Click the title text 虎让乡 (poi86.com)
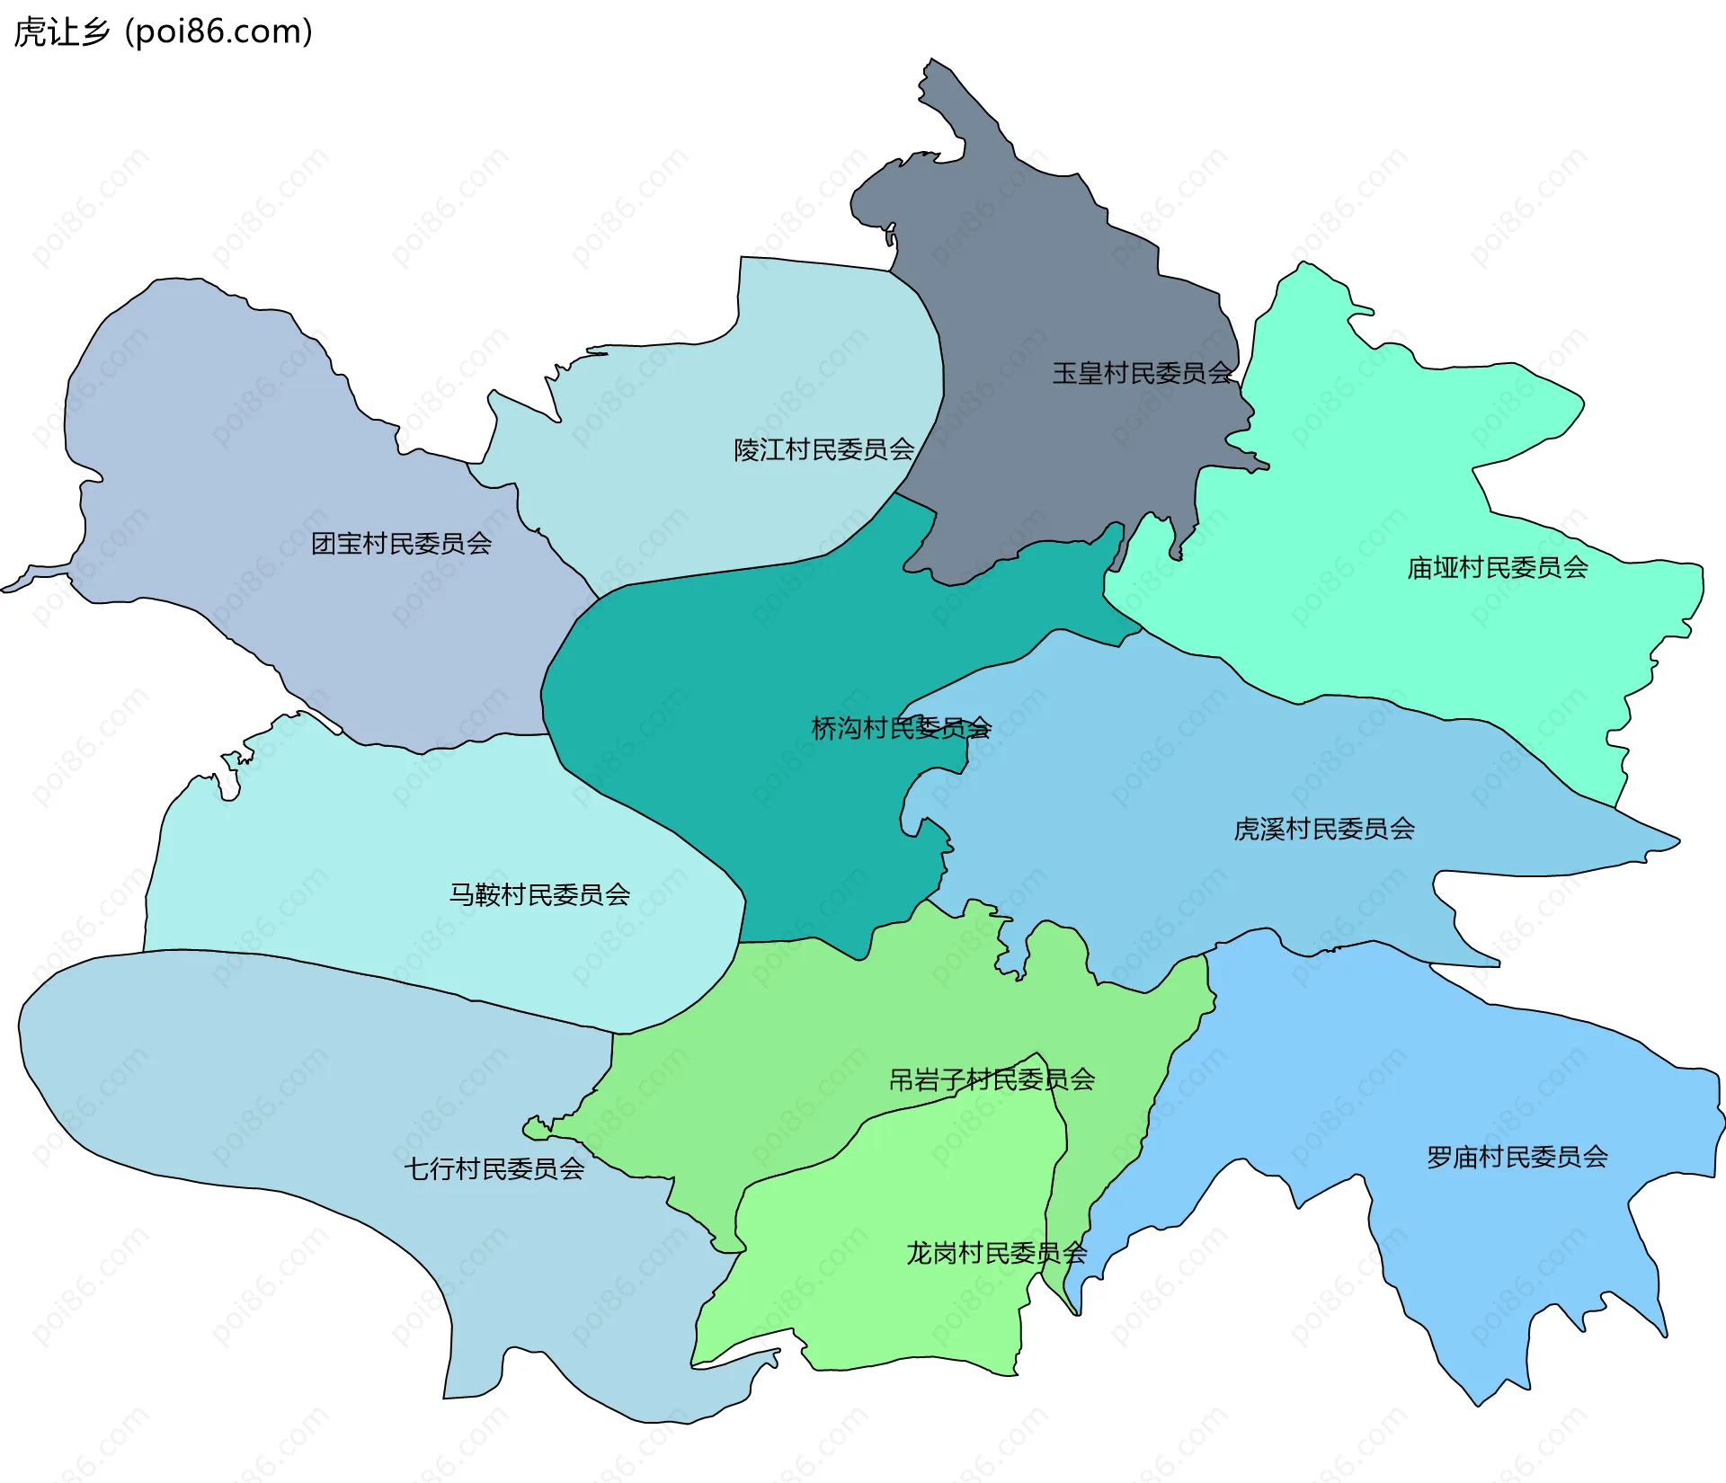164,32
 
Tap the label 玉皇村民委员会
1142,373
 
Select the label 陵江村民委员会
824,449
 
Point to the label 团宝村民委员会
401,544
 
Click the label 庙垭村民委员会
1498,568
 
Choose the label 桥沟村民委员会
901,728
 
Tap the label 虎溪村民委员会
1324,829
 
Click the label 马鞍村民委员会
539,894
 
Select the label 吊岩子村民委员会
992,1079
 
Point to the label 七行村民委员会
494,1168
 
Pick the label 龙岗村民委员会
996,1253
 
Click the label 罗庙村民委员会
1517,1157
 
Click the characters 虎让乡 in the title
61,32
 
